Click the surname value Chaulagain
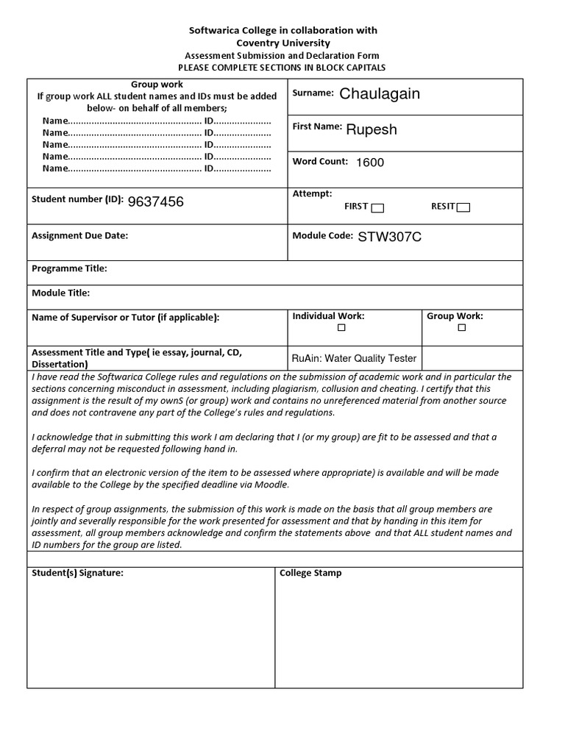point(379,94)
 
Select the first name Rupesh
point(371,129)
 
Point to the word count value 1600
point(369,163)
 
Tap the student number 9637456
point(155,202)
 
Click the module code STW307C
point(389,237)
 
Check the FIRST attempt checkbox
point(377,207)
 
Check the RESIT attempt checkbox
point(463,207)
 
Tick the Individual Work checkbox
point(341,328)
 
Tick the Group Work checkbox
point(461,328)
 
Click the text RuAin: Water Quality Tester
point(354,359)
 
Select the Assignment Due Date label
point(79,236)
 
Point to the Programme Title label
point(69,269)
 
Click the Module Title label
point(60,293)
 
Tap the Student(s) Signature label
point(77,573)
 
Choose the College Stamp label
point(310,573)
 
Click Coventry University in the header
point(283,43)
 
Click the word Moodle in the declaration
point(272,485)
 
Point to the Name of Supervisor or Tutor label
point(125,318)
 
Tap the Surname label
point(313,93)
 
